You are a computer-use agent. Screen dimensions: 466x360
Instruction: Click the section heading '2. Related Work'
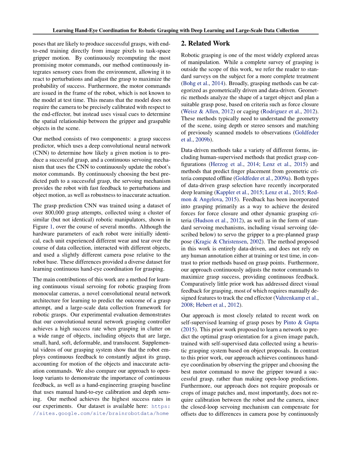(x=205, y=43)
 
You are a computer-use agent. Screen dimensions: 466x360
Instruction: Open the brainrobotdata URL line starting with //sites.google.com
(x=101, y=414)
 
